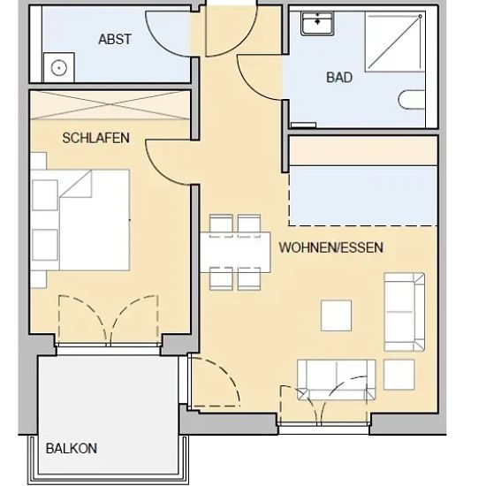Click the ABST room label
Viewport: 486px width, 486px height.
click(115, 40)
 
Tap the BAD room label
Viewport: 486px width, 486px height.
click(339, 78)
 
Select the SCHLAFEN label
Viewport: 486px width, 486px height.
click(95, 138)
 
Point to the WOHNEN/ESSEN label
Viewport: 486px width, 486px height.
click(331, 247)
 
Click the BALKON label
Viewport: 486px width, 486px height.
click(72, 449)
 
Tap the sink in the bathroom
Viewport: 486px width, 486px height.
click(316, 23)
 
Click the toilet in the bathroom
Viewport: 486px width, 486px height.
click(411, 100)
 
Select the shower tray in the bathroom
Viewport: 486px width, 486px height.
click(395, 42)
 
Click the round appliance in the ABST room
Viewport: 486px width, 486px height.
click(59, 67)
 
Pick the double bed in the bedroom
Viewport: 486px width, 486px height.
click(80, 220)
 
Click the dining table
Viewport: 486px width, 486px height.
click(235, 253)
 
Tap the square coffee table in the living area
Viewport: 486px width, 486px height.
click(336, 315)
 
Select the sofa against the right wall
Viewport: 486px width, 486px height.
click(404, 312)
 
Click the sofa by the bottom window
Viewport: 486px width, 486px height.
click(336, 380)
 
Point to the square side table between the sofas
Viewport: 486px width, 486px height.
click(399, 375)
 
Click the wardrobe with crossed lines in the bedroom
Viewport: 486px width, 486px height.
click(110, 105)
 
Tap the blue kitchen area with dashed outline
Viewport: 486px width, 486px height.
click(362, 196)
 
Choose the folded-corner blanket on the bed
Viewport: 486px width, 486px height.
click(76, 184)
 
